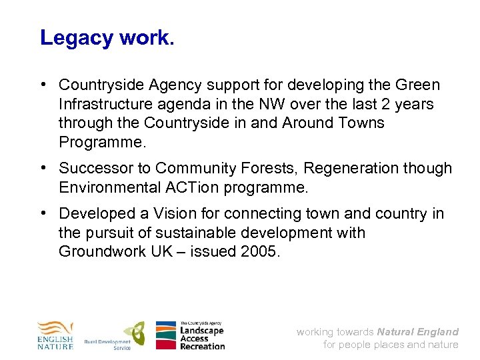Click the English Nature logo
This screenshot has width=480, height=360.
click(x=55, y=335)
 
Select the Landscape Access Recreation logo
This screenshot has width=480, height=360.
click(x=190, y=335)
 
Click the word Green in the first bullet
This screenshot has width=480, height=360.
click(x=417, y=85)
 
